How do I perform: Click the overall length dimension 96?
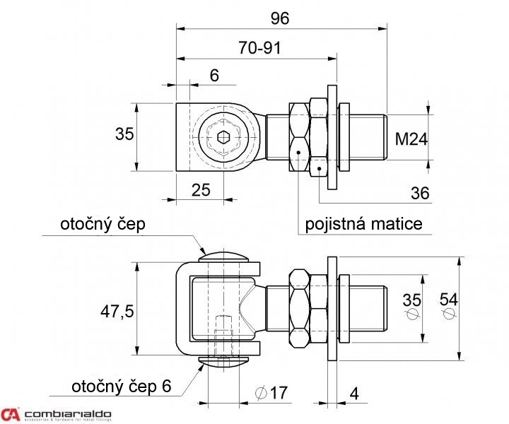point(280,18)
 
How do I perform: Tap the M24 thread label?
point(411,139)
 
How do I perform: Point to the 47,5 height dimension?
point(117,311)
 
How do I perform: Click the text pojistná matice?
point(363,224)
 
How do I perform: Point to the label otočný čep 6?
point(121,387)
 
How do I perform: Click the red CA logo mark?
point(11,414)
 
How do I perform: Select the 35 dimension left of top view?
point(124,134)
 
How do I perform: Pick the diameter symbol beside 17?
point(258,392)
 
